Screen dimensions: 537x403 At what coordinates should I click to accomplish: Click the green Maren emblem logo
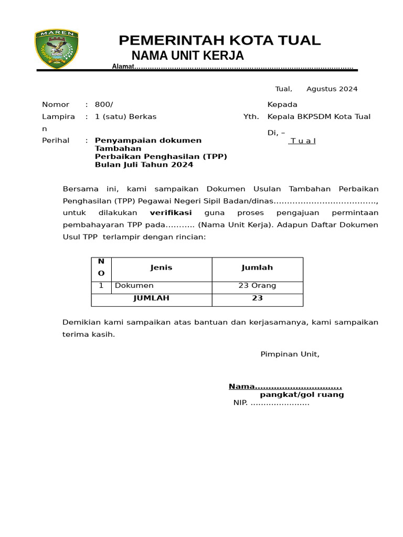[57, 49]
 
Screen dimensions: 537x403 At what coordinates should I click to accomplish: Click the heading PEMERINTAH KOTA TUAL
[219, 40]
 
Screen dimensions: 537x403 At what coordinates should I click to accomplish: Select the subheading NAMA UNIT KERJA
[187, 56]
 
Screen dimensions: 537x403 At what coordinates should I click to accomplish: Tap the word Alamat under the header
[123, 67]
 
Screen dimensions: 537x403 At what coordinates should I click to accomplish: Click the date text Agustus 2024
[332, 89]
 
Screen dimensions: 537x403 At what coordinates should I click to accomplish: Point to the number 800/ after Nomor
[104, 104]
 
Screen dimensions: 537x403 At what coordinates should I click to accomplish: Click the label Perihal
[56, 141]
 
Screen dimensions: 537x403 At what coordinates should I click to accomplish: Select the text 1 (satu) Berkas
[125, 116]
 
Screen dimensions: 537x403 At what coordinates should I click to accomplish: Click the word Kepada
[282, 104]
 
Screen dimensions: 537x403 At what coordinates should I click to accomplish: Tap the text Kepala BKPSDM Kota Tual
[319, 116]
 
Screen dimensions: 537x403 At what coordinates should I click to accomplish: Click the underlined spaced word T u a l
[303, 141]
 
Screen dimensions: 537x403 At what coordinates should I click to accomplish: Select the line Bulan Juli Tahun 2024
[144, 165]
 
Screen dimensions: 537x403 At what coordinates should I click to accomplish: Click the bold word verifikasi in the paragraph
[171, 213]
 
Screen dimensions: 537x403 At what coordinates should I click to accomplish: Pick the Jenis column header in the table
[161, 267]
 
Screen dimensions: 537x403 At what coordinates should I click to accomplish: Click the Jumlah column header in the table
[257, 267]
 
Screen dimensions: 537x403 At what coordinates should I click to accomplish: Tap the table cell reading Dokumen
[134, 286]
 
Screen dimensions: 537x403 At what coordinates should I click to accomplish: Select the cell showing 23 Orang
[257, 286]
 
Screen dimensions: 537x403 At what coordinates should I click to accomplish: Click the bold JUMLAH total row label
[151, 298]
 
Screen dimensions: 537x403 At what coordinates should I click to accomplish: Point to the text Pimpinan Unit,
[290, 354]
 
